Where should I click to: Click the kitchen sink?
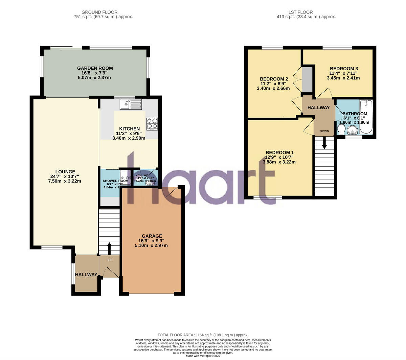point(131,104)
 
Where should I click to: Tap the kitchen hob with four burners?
point(152,124)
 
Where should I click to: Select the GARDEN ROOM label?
point(95,68)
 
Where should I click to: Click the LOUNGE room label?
point(65,172)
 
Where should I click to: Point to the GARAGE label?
point(152,236)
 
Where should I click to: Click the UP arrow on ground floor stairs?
point(109,248)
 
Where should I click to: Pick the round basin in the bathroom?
point(353,130)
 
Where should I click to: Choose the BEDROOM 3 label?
point(344,69)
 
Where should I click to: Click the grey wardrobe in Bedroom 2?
point(307,79)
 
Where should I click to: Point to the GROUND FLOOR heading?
point(104,12)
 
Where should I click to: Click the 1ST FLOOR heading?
point(306,12)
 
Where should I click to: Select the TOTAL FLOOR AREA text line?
point(203,335)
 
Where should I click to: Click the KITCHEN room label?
point(129,129)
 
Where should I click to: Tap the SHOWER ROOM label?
point(115,181)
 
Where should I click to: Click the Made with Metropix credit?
point(203,356)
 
